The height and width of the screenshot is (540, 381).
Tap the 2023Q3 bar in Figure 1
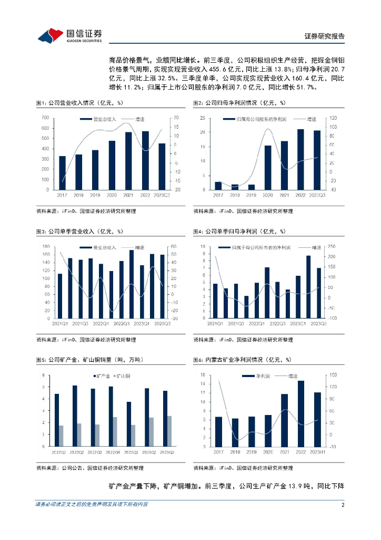coord(162,167)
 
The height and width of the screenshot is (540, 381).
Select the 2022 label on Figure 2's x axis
coord(300,195)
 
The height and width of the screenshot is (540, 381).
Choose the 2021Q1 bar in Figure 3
coord(59,296)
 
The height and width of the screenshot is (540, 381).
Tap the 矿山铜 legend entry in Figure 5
coord(122,376)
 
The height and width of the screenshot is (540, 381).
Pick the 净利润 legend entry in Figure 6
coord(260,376)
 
